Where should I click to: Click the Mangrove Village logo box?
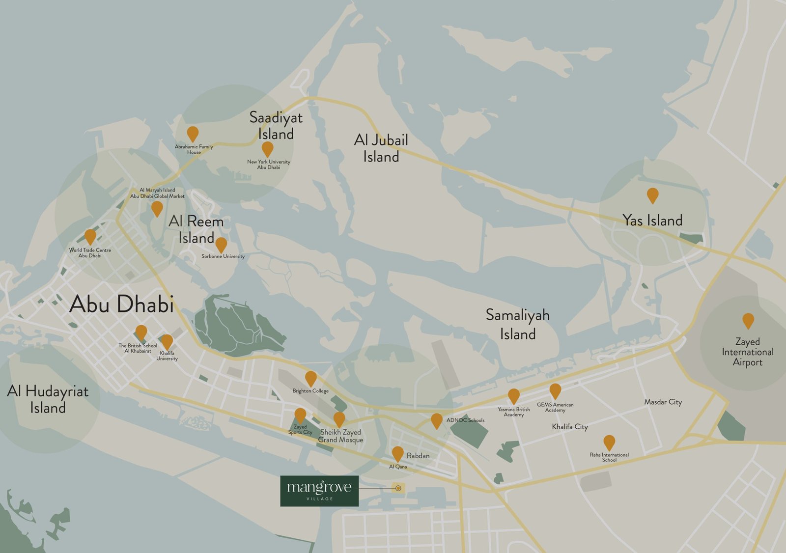[x=319, y=491]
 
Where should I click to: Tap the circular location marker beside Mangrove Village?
[x=398, y=488]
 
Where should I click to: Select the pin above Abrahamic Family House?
[x=193, y=134]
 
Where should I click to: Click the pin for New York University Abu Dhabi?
[x=267, y=149]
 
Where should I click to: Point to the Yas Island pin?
[x=652, y=195]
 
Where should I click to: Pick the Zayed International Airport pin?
[x=748, y=321]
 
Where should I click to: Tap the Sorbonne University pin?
[x=222, y=245]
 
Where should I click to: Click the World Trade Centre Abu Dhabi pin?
[x=90, y=237]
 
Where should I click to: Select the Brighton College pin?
[x=310, y=379]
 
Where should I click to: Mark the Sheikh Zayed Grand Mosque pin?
[x=339, y=419]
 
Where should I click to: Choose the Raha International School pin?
[x=609, y=442]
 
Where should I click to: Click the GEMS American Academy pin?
[x=555, y=391]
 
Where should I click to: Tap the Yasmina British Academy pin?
[x=513, y=396]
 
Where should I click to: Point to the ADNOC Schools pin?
[x=436, y=420]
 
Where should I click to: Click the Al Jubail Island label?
[x=381, y=148]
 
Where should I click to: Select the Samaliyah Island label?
[x=517, y=324]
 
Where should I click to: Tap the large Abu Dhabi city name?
[x=121, y=304]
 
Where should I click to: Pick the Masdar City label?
[x=663, y=402]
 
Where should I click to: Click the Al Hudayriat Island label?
[x=48, y=399]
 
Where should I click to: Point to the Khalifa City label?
[x=570, y=426]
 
